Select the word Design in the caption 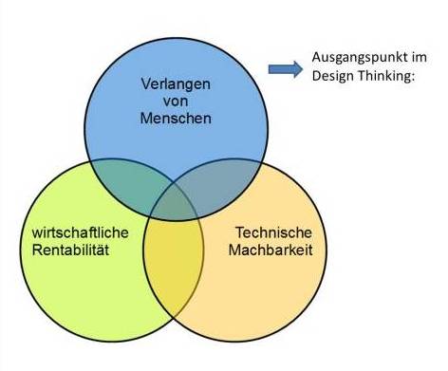click(x=331, y=76)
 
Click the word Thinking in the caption click(x=384, y=76)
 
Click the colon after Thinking click(x=415, y=77)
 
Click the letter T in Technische click(x=239, y=233)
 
